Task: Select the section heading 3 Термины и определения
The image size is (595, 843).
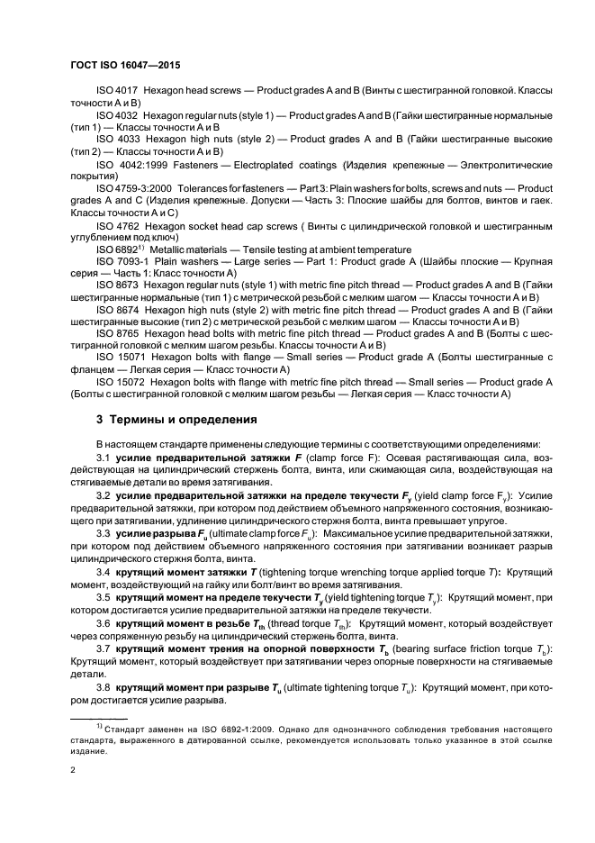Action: coord(176,420)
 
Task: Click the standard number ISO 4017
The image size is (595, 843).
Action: coord(116,91)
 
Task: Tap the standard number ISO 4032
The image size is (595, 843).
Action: coord(116,115)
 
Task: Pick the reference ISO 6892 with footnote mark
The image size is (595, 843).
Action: coord(119,249)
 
